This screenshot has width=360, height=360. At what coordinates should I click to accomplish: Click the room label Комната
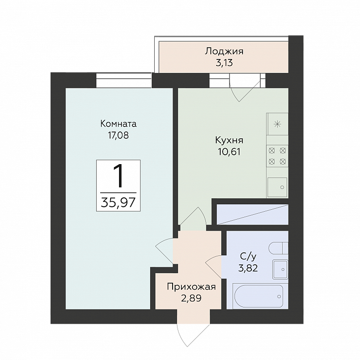[x=118, y=124]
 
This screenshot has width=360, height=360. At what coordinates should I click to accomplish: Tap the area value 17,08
[x=119, y=135]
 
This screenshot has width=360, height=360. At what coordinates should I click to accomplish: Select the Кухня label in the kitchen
[x=229, y=140]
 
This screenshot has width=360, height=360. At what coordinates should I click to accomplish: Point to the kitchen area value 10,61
[x=229, y=152]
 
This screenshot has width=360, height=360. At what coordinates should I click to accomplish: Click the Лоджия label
[x=224, y=51]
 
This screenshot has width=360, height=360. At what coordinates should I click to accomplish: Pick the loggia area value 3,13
[x=224, y=62]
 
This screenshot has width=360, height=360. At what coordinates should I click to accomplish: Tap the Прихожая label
[x=191, y=287]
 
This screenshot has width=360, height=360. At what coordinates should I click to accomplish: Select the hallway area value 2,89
[x=191, y=298]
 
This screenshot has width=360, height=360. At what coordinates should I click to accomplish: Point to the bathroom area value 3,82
[x=248, y=268]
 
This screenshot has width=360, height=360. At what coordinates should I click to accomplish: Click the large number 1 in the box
[x=119, y=177]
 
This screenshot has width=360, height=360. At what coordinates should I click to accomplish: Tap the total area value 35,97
[x=118, y=202]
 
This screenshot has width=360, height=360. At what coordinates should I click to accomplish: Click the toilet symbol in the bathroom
[x=278, y=248]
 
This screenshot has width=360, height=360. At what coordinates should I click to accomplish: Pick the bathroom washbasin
[x=280, y=269]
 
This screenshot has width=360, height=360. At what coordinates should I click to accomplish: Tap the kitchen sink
[x=277, y=187]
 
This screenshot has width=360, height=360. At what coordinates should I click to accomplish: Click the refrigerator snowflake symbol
[x=278, y=124]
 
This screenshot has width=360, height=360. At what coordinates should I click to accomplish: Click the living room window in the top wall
[x=124, y=80]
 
